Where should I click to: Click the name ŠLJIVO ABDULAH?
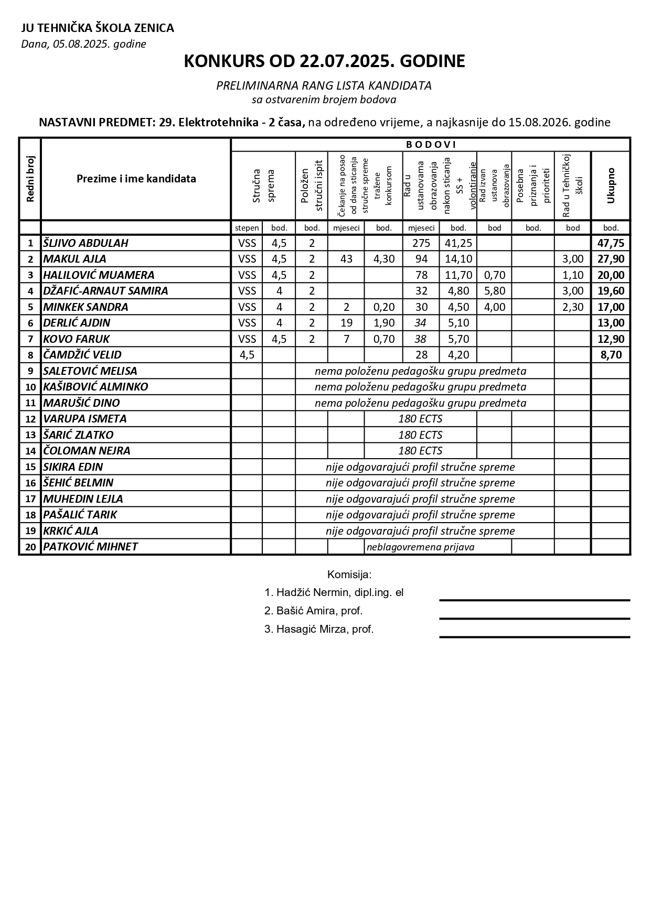click(x=86, y=243)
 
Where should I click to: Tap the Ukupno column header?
click(x=611, y=186)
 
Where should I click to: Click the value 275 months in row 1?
click(x=421, y=243)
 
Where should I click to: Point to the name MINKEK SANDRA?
click(x=86, y=307)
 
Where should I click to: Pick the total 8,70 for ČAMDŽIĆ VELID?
click(x=611, y=355)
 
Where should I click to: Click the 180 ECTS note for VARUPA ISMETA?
click(x=420, y=419)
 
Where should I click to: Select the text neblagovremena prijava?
click(x=420, y=547)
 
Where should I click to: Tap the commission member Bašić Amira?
click(x=314, y=611)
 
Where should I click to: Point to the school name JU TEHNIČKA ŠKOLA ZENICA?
click(x=98, y=28)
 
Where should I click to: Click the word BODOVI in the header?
click(x=431, y=145)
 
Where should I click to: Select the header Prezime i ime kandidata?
click(x=136, y=179)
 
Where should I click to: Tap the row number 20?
click(x=30, y=547)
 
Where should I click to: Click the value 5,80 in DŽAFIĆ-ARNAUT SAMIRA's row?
click(x=494, y=291)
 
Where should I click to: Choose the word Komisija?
click(x=349, y=575)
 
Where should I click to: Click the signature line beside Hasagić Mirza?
click(x=535, y=637)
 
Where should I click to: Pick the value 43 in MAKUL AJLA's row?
click(x=346, y=259)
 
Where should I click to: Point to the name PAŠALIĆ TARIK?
click(x=80, y=515)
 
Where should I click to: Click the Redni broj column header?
click(x=30, y=179)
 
